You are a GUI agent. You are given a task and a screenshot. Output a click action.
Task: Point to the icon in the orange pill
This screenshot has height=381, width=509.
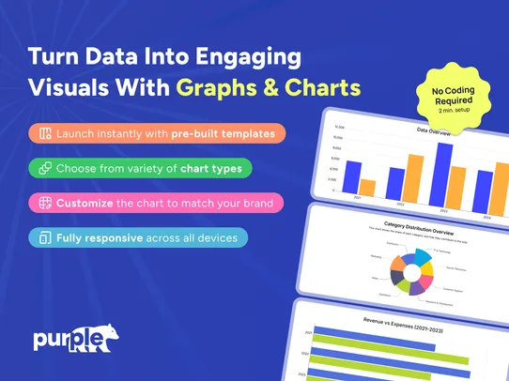(44, 134)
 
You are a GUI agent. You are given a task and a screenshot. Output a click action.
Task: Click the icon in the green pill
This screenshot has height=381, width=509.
(44, 169)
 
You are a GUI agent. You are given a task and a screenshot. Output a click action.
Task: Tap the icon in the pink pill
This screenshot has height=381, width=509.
(44, 203)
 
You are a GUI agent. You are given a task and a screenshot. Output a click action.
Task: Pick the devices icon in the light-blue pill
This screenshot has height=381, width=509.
(44, 237)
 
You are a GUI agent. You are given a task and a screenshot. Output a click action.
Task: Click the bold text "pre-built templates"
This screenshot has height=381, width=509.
(224, 134)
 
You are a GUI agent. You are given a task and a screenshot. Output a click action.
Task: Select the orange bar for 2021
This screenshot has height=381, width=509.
(367, 187)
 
